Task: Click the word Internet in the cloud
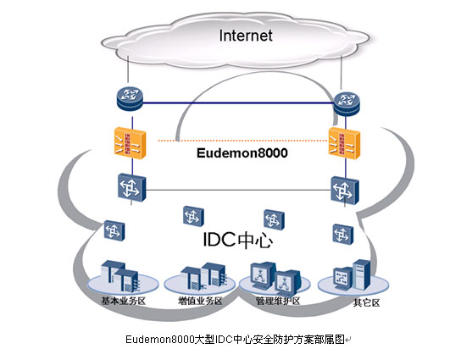point(246,36)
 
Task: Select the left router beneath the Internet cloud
point(130,98)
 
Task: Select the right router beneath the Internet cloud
point(347,104)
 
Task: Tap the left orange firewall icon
point(130,142)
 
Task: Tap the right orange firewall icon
point(344,143)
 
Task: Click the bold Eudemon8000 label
point(242,153)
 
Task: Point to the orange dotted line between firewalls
point(243,141)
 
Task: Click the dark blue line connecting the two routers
point(238,102)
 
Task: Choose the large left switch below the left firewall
point(131,187)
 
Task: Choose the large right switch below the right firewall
point(345,191)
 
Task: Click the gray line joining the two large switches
point(238,190)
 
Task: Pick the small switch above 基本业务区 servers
point(114,230)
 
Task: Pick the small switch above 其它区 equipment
point(343,235)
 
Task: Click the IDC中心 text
point(237,240)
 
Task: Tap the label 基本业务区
point(124,301)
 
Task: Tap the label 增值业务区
point(201,301)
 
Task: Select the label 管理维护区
point(278,301)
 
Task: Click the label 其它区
point(366,302)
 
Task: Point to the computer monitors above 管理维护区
point(275,278)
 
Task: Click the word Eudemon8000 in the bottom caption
point(160,340)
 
